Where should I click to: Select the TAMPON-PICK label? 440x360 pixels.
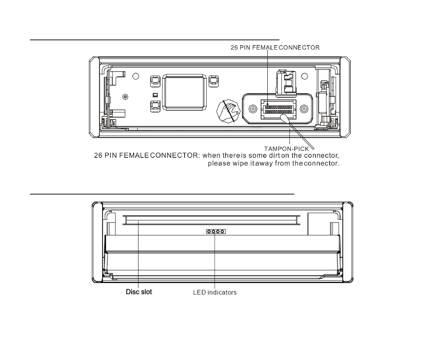[x=287, y=149]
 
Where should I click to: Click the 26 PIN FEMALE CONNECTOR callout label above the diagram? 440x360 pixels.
[x=275, y=48]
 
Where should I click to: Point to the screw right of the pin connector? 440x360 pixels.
[x=303, y=108]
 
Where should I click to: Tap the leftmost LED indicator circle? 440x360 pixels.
[x=210, y=232]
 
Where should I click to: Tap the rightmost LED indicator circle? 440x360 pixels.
[x=222, y=232]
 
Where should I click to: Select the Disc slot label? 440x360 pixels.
[x=139, y=292]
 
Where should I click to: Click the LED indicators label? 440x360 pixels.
[x=215, y=292]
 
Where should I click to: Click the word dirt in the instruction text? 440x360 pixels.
[x=274, y=155]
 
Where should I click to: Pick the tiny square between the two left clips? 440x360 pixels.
[x=155, y=95]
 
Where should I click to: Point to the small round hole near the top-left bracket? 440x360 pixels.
[x=135, y=76]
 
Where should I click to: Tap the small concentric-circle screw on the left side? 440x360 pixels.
[x=125, y=97]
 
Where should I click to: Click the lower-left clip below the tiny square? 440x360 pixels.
[x=155, y=106]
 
